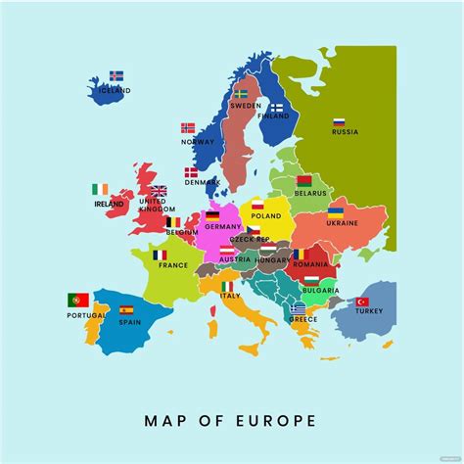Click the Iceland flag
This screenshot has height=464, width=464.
[116, 75]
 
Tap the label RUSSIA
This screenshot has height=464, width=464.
[345, 132]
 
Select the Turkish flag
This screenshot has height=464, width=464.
[362, 302]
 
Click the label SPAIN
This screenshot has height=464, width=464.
[128, 322]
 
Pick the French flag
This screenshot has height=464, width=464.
[160, 255]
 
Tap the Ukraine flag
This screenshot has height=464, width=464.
[336, 211]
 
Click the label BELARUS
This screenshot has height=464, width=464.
[309, 194]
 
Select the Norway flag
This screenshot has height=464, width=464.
[188, 128]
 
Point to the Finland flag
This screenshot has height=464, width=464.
[277, 108]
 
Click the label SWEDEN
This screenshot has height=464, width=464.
[246, 106]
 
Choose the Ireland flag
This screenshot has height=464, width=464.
[100, 189]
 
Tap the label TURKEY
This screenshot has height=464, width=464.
[369, 311]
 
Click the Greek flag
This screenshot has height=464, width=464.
[298, 307]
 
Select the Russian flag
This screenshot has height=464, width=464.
[339, 122]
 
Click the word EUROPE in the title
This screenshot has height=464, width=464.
[274, 421]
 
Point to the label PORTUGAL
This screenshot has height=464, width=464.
[86, 315]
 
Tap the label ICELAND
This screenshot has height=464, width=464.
[115, 90]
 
